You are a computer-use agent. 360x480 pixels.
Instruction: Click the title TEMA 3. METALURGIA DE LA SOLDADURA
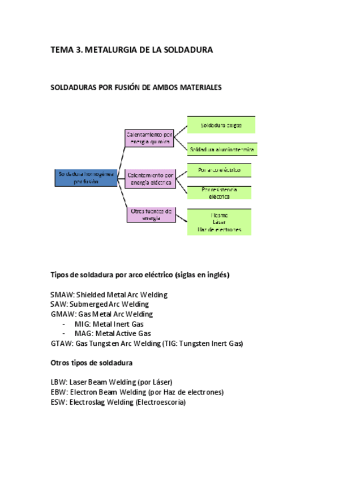click(x=131, y=50)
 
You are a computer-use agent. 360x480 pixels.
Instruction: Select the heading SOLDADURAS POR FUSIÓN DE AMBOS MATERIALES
click(x=136, y=88)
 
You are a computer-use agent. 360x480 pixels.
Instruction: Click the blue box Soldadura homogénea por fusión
click(x=86, y=178)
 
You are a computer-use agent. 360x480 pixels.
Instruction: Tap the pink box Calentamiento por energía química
click(x=149, y=138)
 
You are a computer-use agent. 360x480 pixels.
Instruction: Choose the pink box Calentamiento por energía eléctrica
click(x=150, y=179)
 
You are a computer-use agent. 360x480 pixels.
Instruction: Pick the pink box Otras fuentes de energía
click(x=151, y=215)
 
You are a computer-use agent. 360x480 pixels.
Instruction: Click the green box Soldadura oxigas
click(x=221, y=125)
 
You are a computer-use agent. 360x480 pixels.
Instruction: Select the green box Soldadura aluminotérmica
click(x=222, y=149)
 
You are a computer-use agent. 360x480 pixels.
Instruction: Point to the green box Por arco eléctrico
click(x=219, y=170)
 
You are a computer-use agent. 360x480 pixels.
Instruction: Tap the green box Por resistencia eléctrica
click(x=219, y=192)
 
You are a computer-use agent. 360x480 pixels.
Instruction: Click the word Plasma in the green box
click(x=219, y=215)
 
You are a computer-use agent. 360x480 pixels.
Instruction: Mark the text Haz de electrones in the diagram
click(x=219, y=230)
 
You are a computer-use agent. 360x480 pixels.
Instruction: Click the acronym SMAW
click(x=61, y=295)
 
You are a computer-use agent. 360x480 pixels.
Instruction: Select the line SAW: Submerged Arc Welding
click(x=100, y=305)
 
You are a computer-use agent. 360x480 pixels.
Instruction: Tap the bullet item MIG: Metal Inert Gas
click(x=109, y=324)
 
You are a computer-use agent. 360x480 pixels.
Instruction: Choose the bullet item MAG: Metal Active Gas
click(x=112, y=334)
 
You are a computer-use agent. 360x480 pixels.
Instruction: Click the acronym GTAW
click(x=61, y=344)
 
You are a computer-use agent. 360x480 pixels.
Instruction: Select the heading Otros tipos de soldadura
click(x=92, y=363)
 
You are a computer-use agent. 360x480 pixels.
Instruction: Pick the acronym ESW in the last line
click(x=58, y=402)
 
